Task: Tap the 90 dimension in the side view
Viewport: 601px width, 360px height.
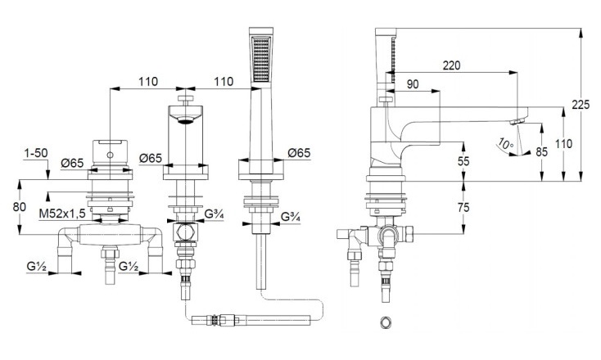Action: click(412, 83)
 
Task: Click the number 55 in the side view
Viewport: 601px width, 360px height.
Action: click(463, 162)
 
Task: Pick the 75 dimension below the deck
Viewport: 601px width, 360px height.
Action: click(463, 208)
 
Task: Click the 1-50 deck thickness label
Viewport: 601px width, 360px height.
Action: click(35, 151)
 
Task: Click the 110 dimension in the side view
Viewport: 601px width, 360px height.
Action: click(564, 143)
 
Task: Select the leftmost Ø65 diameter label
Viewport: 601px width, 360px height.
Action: click(72, 162)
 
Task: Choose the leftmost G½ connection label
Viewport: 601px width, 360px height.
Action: click(35, 266)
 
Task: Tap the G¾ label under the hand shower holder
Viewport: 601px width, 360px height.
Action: click(291, 218)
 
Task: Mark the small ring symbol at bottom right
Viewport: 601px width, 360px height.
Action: click(386, 322)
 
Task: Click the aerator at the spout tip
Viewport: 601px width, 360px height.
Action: click(514, 122)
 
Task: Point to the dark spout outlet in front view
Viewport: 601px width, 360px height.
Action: click(188, 120)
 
